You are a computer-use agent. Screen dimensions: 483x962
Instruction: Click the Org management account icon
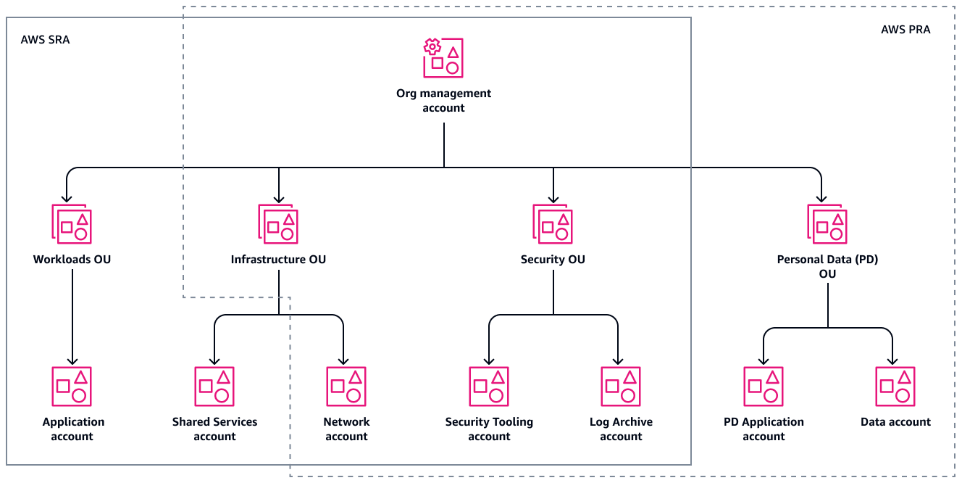tap(443, 58)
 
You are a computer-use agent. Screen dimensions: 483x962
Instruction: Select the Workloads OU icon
tap(72, 223)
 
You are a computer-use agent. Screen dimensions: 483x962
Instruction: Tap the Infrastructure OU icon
tap(278, 223)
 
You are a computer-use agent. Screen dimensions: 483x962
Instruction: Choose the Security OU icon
tap(553, 223)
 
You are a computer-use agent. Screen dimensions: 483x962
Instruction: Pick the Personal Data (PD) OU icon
tap(827, 223)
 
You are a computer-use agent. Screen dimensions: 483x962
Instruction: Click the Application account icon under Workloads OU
tap(72, 386)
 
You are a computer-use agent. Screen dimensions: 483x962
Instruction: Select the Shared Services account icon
tap(214, 386)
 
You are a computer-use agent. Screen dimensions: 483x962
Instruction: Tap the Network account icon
tap(346, 386)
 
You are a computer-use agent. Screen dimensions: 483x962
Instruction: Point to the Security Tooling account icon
tap(489, 386)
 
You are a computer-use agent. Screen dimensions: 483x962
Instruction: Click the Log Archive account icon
tap(621, 386)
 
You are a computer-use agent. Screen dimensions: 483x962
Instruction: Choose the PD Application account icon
tap(764, 386)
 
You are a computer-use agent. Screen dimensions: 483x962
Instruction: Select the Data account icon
tap(895, 386)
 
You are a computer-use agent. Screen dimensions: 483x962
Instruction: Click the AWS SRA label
tap(46, 40)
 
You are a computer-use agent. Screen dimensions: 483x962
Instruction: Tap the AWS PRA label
tap(905, 30)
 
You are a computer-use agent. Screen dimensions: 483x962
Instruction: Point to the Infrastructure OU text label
tap(278, 260)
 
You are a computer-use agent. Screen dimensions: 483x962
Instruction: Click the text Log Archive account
tap(621, 429)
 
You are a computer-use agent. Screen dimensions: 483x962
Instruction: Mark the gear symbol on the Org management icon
tap(432, 48)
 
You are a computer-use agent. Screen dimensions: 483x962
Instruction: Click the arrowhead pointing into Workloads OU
tap(67, 198)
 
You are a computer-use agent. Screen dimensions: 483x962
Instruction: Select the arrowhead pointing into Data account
tap(892, 360)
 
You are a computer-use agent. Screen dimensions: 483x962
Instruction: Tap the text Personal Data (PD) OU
tap(827, 266)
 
